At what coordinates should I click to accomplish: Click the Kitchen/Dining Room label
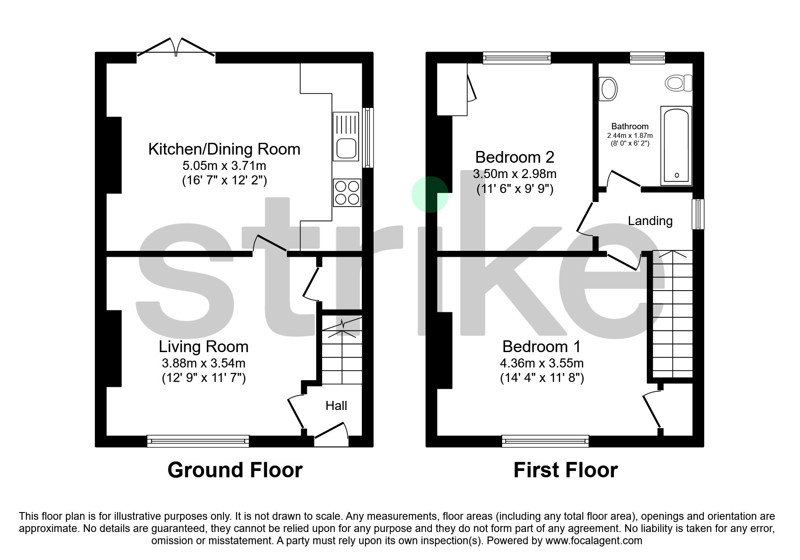(x=224, y=149)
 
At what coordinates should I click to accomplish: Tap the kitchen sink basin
(x=346, y=148)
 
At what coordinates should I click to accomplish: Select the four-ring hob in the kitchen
(x=347, y=193)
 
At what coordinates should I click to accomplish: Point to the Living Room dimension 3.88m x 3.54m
(x=203, y=363)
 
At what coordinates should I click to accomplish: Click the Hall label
(x=336, y=405)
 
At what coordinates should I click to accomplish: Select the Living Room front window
(x=198, y=441)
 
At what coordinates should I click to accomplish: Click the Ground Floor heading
(x=234, y=470)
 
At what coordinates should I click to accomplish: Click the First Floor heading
(x=565, y=470)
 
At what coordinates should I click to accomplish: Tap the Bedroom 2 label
(x=515, y=157)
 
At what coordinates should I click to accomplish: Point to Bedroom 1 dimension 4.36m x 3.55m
(x=542, y=363)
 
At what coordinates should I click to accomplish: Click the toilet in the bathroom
(x=678, y=83)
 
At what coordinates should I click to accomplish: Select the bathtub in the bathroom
(x=676, y=146)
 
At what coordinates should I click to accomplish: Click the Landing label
(x=650, y=221)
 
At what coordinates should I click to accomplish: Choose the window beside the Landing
(x=698, y=214)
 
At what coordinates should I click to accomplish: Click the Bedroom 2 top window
(x=517, y=57)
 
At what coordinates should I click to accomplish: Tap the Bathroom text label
(x=630, y=126)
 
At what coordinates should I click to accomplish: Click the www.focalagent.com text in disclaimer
(x=594, y=541)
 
